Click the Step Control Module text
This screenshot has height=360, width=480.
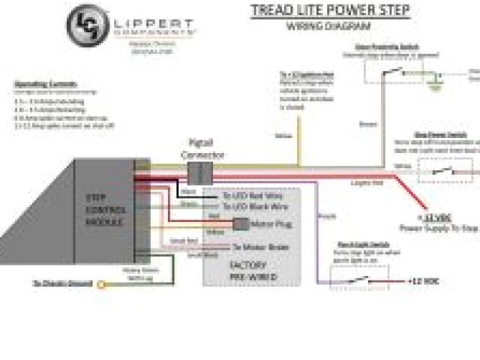click(104, 211)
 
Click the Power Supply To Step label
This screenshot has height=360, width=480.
click(438, 226)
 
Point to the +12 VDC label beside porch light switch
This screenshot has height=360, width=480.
click(424, 281)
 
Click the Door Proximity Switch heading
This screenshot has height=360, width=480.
click(386, 46)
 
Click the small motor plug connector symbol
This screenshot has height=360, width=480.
click(241, 223)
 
